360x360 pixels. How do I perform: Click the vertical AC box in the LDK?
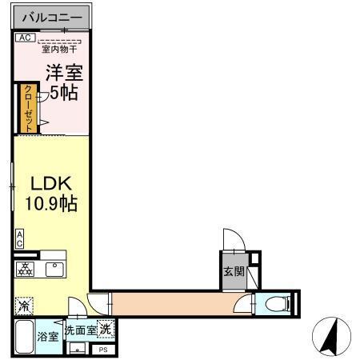(19, 238)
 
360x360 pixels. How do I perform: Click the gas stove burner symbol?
(25, 270)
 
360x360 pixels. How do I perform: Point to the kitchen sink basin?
(54, 270)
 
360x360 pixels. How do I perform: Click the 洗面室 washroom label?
(81, 330)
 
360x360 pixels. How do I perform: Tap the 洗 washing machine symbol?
(106, 329)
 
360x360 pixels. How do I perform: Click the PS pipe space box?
(102, 350)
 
